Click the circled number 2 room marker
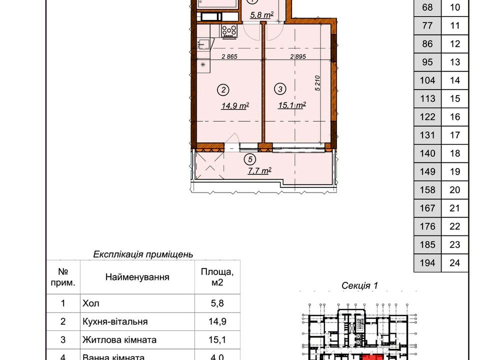point(223,89)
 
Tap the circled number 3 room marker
point(280,89)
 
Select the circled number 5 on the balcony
point(250,159)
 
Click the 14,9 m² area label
point(235,106)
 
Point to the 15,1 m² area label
point(291,105)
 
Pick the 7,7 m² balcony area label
point(259,170)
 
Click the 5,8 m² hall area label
point(261,14)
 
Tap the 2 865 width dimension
point(229,56)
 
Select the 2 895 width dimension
point(298,56)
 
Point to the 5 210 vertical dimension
point(317,83)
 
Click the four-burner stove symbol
point(229,31)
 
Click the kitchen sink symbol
point(203,44)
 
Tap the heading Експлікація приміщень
point(143,254)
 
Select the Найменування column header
point(137,277)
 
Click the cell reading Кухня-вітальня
point(115,321)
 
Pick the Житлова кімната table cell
point(119,340)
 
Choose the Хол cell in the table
point(90,303)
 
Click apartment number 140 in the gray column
point(427,153)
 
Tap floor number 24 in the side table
point(455,262)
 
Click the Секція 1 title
point(359,285)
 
